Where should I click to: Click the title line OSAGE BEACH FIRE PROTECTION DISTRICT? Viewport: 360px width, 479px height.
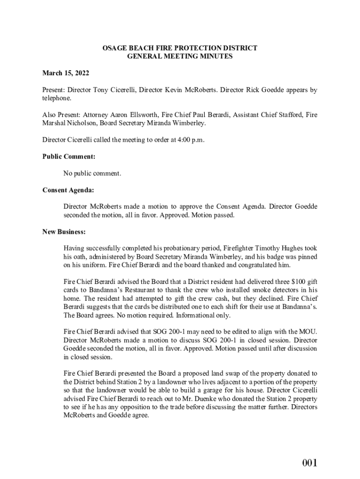click(x=180, y=48)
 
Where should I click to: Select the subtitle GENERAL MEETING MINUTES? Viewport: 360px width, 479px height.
click(x=180, y=57)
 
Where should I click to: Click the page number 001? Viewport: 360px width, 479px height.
click(x=310, y=463)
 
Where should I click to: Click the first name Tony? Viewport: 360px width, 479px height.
click(x=101, y=90)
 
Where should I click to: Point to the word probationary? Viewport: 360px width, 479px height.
click(x=180, y=248)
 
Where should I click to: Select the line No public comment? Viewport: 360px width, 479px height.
click(x=92, y=174)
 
